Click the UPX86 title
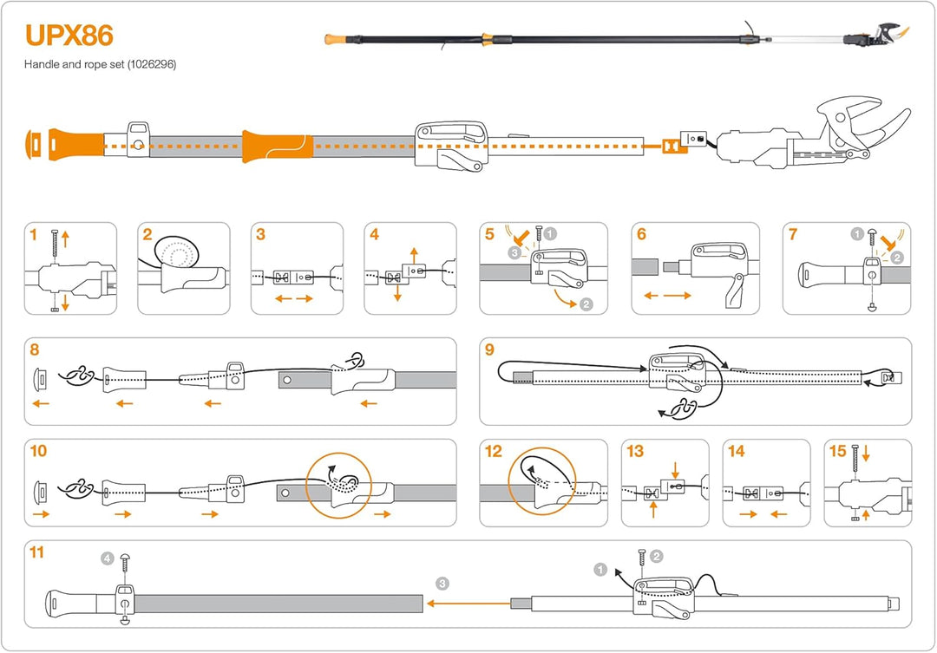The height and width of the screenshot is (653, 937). (69, 36)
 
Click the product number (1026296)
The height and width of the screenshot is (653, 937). (150, 65)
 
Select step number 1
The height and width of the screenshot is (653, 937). (33, 234)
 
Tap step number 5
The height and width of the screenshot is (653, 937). (490, 234)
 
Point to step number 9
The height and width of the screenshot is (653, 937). (490, 349)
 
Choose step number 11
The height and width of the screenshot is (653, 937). (36, 552)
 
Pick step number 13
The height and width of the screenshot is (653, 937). (635, 451)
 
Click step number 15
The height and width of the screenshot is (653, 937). (837, 451)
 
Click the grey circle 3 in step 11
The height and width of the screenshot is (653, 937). (442, 583)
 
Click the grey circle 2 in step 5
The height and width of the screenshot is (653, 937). (586, 304)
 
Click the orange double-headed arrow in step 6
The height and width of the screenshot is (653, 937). (668, 296)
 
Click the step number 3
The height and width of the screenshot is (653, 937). (260, 234)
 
